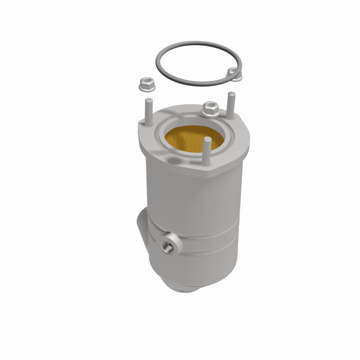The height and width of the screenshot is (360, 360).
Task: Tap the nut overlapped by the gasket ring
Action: pos(233,74)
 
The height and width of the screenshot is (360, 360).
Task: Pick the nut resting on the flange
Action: pos(210,107)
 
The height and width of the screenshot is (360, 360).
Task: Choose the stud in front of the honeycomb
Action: pos(206,150)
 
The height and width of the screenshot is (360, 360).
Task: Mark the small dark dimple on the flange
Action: pos(172,161)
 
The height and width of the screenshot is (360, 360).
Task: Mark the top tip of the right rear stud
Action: pos(231,94)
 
